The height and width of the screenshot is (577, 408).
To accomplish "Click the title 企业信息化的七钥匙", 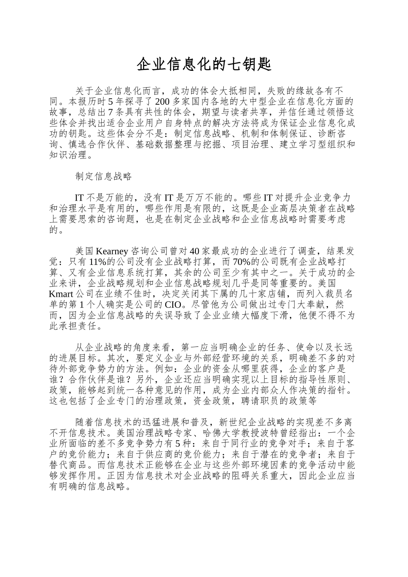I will (204, 64).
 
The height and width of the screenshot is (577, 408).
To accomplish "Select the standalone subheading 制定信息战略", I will (103, 176).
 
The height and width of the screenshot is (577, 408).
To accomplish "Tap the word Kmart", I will (62, 294).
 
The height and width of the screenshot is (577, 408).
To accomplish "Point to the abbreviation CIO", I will (173, 305).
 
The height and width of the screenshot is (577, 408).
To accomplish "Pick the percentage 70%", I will (242, 262).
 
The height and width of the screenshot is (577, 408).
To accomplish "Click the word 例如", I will (170, 368).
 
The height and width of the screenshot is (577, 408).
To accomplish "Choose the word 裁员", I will (331, 294).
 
